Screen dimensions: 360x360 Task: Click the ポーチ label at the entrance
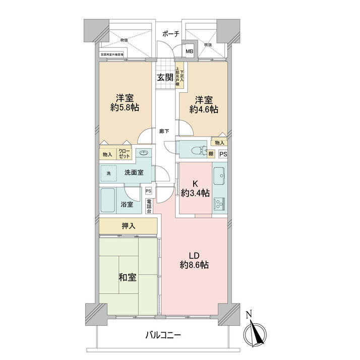tap(170, 34)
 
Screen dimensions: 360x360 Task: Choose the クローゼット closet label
tap(125, 154)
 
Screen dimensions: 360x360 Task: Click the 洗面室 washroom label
tap(134, 172)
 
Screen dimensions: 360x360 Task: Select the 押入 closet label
tap(129, 226)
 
